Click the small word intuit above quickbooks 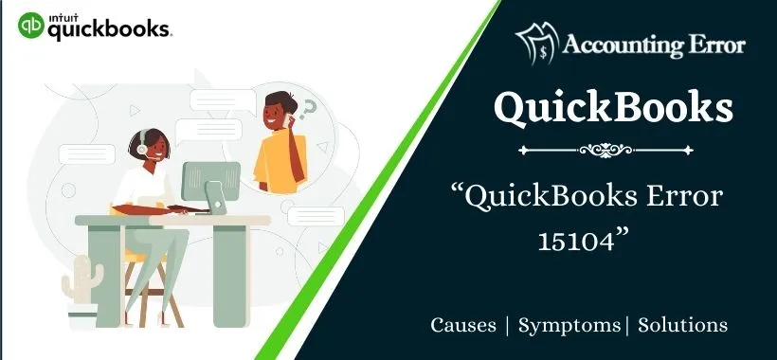[61, 14]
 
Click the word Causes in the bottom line [463, 325]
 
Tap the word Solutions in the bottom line [682, 325]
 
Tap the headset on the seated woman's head [140, 145]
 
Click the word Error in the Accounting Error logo [713, 45]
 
